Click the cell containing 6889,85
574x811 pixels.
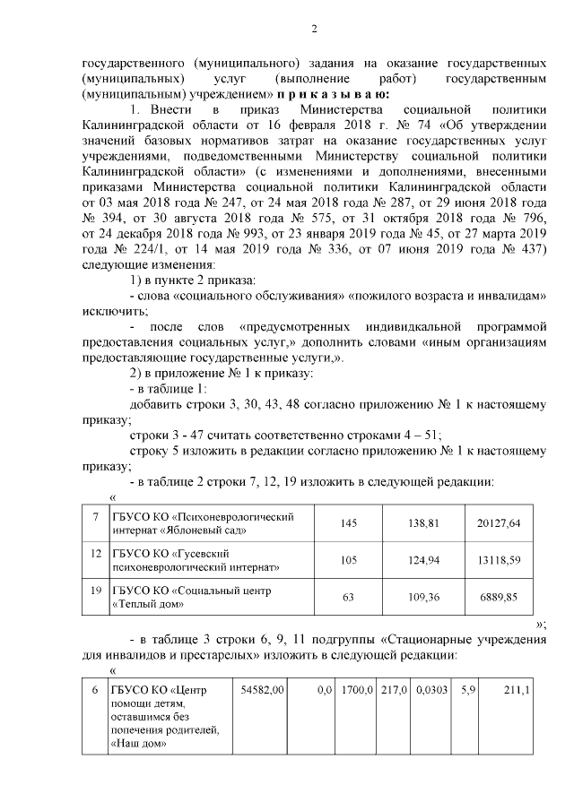point(509,596)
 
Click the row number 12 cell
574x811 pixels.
point(95,553)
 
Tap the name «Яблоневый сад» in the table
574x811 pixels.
point(204,531)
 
